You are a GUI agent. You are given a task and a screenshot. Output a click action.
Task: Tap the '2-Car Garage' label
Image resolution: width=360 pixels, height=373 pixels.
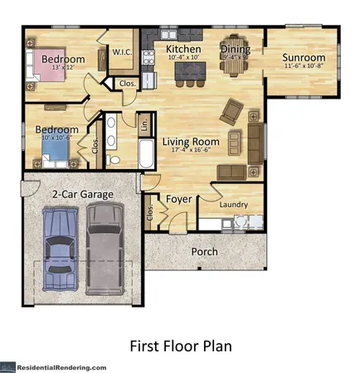pos(83,194)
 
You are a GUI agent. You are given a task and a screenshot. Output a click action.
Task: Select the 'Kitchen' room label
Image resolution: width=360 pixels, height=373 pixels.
pos(183,50)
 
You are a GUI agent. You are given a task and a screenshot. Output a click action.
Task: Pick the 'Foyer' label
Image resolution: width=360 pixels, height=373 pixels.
pos(179,199)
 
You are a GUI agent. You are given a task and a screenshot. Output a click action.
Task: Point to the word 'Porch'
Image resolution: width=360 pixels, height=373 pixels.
pos(204,251)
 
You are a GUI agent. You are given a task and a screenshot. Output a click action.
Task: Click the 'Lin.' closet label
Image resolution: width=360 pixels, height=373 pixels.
pos(144,124)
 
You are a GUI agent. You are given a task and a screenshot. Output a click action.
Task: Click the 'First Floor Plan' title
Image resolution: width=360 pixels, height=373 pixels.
pos(180,345)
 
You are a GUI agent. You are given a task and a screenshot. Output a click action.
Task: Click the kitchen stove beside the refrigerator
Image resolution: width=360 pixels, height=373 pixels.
pos(149,57)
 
